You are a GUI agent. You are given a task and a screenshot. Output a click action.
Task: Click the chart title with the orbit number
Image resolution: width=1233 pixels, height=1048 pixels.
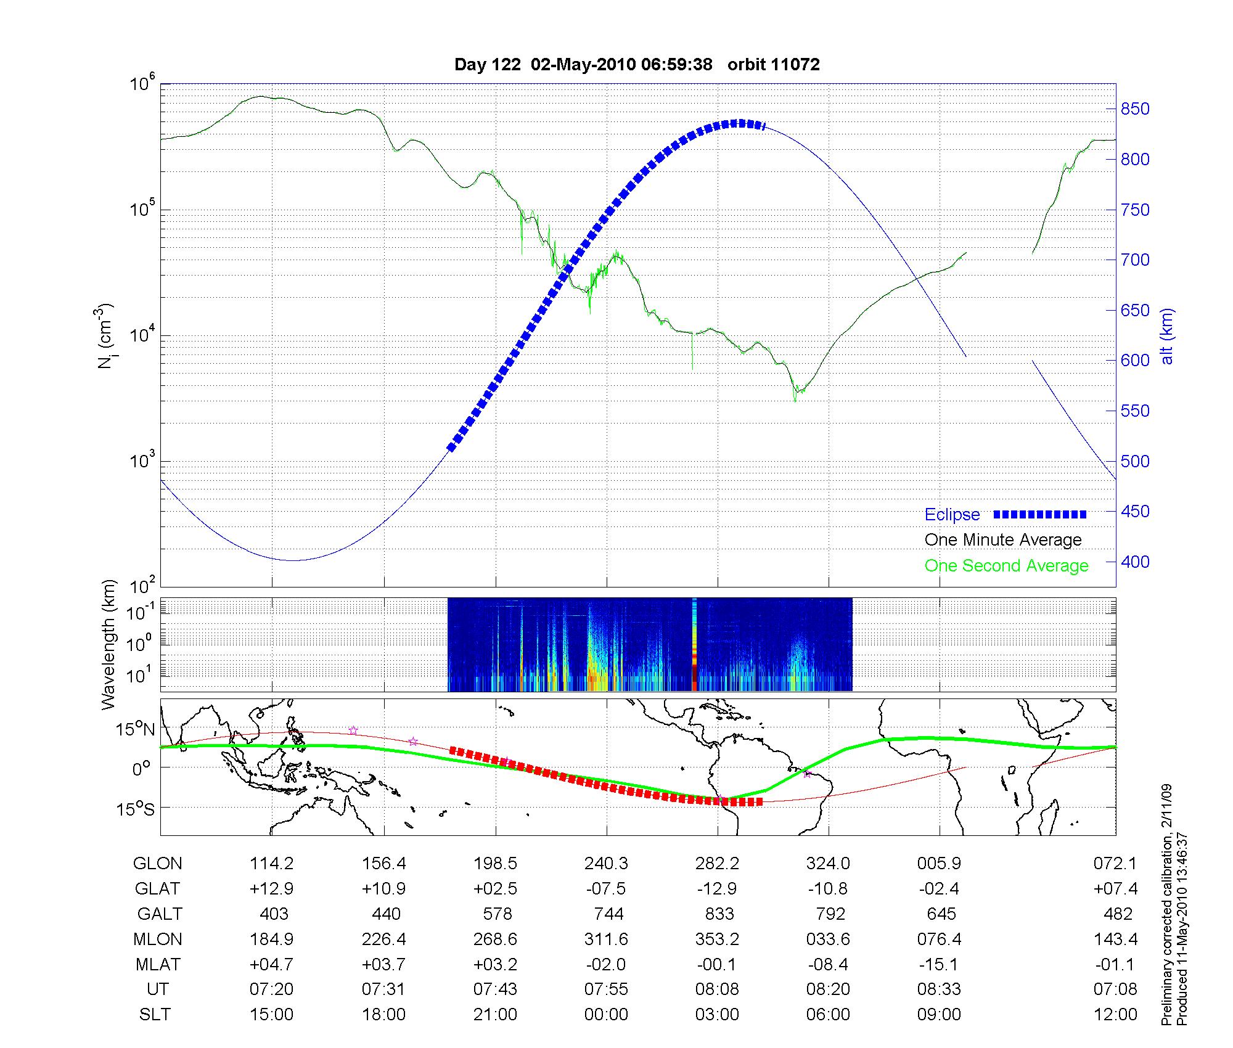[x=637, y=65]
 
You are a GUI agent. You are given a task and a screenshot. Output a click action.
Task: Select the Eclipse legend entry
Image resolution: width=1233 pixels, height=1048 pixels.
[x=1005, y=515]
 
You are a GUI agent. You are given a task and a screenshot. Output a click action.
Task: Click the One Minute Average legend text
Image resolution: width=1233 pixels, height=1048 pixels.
[x=1003, y=540]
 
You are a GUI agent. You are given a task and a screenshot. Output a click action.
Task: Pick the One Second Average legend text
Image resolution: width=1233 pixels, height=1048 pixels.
[x=1006, y=566]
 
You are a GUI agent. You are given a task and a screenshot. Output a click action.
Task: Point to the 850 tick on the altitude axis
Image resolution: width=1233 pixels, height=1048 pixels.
[x=1135, y=109]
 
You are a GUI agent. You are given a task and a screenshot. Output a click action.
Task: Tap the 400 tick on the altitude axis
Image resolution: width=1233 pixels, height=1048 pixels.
[x=1135, y=562]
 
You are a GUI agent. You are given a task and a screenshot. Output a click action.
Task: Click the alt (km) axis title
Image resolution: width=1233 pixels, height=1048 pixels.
[x=1167, y=336]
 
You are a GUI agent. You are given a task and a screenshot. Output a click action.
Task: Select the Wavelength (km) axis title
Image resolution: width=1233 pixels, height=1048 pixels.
[x=109, y=645]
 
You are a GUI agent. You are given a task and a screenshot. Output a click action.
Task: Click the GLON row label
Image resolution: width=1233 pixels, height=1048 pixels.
[x=157, y=864]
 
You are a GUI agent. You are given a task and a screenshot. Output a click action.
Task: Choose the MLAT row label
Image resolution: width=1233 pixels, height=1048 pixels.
[x=158, y=964]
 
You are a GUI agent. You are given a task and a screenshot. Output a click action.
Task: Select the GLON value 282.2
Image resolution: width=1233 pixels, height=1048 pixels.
[x=717, y=864]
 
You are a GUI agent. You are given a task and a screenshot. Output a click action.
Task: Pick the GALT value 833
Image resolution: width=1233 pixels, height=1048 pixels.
[x=719, y=914]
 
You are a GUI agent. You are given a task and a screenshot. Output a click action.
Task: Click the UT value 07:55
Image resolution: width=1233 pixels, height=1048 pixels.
[x=606, y=989]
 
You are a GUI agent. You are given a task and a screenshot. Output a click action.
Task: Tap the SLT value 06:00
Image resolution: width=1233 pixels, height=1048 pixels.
[x=828, y=1015]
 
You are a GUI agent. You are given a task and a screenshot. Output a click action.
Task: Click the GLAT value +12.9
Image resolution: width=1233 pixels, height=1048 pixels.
[x=271, y=889]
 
